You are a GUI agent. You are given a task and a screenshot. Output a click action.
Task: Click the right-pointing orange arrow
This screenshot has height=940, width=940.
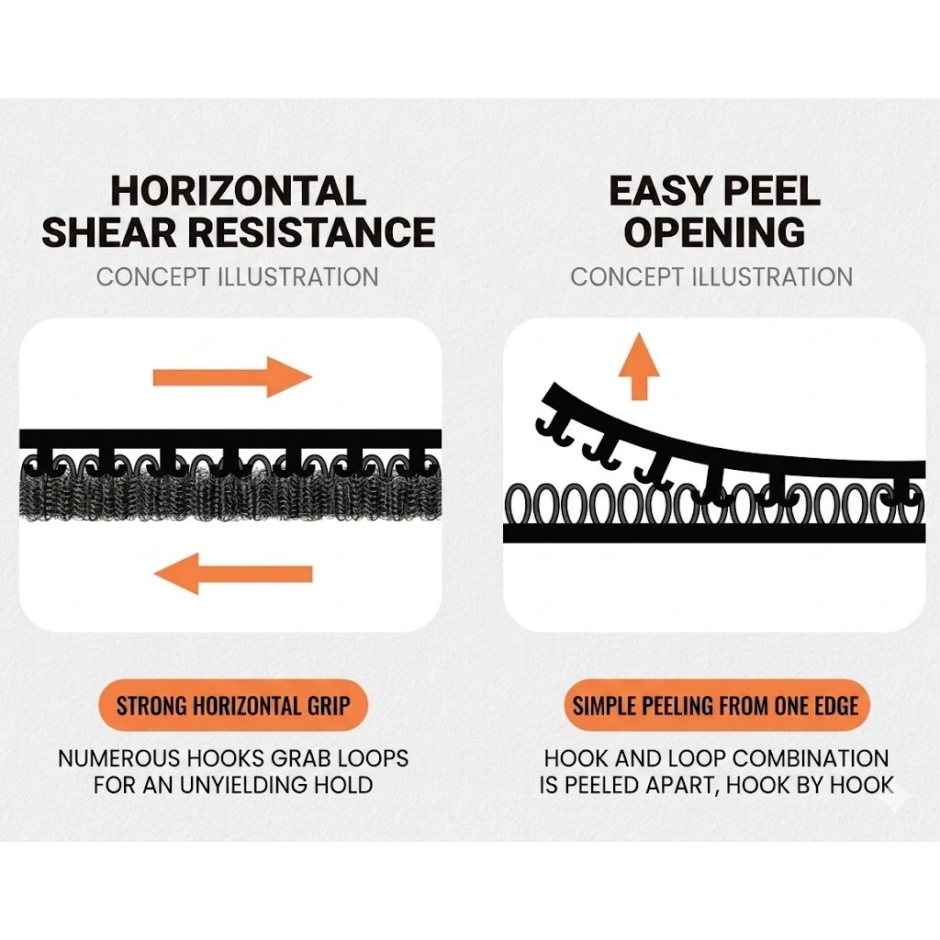(x=232, y=377)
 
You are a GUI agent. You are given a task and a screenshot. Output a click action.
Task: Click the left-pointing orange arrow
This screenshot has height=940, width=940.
(x=232, y=574)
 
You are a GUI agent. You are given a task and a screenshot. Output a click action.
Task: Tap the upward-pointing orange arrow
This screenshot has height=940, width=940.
(x=639, y=366)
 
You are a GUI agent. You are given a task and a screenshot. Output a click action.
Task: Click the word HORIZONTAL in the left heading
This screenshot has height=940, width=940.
(x=238, y=191)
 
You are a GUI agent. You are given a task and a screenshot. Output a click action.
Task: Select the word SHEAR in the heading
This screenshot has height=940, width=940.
(x=110, y=232)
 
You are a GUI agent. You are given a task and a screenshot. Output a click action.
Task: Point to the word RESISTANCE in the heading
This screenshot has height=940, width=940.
(x=312, y=232)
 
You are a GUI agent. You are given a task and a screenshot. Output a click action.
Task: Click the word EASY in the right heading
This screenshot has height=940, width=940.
(x=659, y=191)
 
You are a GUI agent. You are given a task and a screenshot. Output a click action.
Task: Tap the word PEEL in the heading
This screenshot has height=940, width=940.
(x=771, y=191)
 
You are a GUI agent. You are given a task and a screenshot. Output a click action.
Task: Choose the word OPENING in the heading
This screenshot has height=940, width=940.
(x=714, y=232)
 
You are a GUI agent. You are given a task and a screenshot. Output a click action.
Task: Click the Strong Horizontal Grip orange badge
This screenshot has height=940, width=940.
(x=232, y=705)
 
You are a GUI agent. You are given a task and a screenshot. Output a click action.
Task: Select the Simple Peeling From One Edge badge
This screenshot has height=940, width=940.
(x=716, y=705)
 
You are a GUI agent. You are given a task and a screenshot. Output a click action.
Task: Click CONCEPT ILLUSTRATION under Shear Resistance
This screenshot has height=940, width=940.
(x=238, y=277)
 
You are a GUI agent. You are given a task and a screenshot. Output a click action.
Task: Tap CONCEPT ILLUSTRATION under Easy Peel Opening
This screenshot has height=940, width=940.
(x=711, y=277)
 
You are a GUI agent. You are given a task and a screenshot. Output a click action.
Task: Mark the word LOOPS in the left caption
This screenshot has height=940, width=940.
(x=374, y=758)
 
